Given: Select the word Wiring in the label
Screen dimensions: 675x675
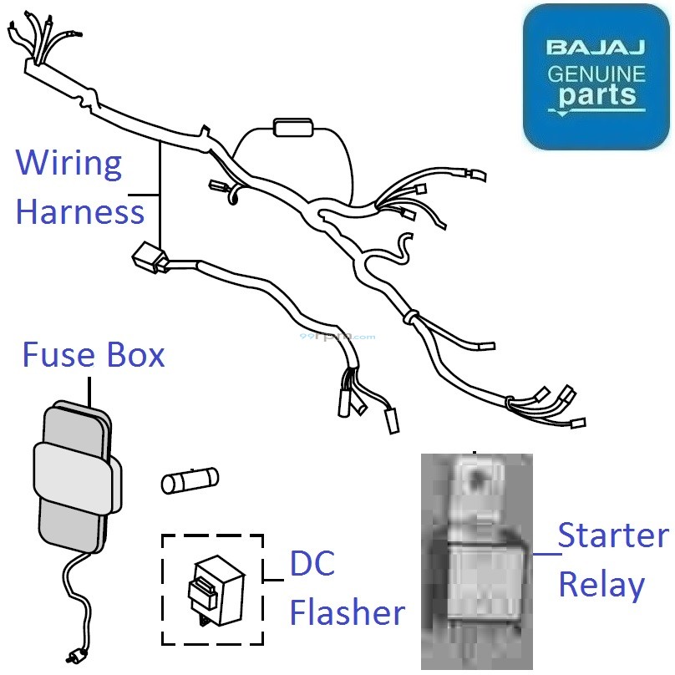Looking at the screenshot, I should point(69,164).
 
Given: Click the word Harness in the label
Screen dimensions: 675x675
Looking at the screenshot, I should point(80,211).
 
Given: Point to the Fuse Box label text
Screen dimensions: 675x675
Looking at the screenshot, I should point(93,355).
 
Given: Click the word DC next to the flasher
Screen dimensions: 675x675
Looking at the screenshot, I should point(312,565).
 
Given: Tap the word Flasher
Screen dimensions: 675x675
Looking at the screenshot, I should point(347,613).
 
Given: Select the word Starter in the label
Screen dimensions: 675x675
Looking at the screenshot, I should point(613,535).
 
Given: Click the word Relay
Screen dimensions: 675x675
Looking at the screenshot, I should point(601,585).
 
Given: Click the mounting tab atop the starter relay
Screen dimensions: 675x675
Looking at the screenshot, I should point(475,482).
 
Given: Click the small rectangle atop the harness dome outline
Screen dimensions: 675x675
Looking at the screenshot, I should point(291,127).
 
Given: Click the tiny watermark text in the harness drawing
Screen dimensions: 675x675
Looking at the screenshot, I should point(337,337).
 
